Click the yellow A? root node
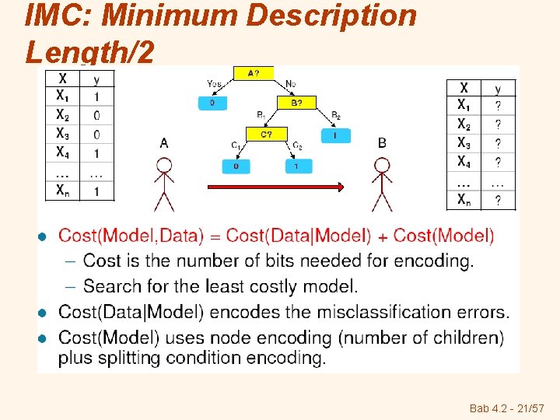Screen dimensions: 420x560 [254, 73]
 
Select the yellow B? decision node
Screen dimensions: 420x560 [296, 102]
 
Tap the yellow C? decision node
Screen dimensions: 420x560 [267, 134]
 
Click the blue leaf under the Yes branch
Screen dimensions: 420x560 [212, 103]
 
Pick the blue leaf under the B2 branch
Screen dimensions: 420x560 [335, 135]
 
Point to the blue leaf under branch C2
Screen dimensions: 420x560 [297, 166]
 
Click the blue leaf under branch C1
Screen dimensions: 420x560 [236, 166]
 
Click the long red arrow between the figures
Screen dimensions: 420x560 [275, 186]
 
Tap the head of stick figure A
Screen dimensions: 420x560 [164, 166]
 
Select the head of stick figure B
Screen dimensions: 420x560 [381, 166]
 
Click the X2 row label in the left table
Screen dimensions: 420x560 [62, 114]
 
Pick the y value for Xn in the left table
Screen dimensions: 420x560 [96, 191]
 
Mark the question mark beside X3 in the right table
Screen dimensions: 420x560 [498, 143]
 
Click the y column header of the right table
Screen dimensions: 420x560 [498, 89]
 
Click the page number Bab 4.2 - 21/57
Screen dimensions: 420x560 [508, 408]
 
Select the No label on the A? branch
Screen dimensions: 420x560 [290, 83]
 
